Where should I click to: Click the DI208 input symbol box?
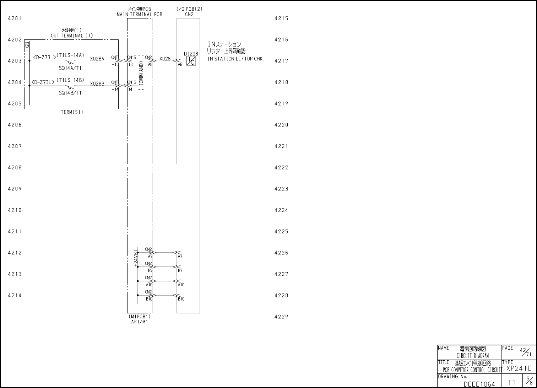click(x=191, y=61)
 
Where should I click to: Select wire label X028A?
click(x=97, y=59)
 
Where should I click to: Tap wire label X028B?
click(x=97, y=84)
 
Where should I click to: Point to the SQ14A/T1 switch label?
click(x=70, y=68)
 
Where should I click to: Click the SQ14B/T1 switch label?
click(x=70, y=93)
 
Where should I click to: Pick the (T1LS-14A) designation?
click(x=70, y=55)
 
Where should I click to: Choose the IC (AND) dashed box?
click(x=141, y=72)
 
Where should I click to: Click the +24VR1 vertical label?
click(x=135, y=258)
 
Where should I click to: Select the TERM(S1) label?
click(x=72, y=112)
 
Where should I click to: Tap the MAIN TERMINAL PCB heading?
click(x=140, y=15)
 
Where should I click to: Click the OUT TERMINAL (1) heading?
click(x=72, y=36)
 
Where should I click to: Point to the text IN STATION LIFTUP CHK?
click(x=235, y=59)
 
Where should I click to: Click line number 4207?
click(x=15, y=146)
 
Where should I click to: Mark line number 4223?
click(x=281, y=189)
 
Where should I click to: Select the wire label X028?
click(x=165, y=59)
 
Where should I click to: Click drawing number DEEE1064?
click(x=479, y=384)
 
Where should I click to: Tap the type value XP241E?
click(x=519, y=368)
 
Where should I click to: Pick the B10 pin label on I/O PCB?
click(x=181, y=299)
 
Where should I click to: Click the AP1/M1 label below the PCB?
click(x=140, y=322)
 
